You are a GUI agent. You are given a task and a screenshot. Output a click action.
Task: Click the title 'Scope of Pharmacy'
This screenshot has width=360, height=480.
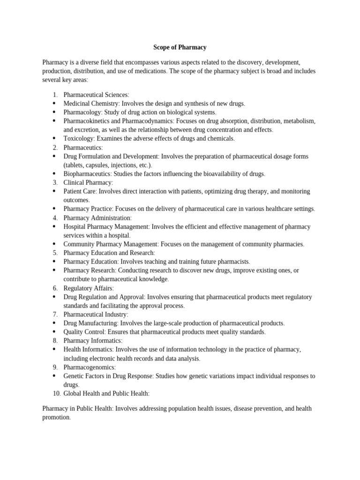tap(180, 47)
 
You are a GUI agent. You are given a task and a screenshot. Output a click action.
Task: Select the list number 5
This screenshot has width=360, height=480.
tap(55, 253)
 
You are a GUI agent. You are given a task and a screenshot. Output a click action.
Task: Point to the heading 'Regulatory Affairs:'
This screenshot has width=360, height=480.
tap(89, 288)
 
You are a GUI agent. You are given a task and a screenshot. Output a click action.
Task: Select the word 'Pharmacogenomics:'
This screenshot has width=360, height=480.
tap(90, 367)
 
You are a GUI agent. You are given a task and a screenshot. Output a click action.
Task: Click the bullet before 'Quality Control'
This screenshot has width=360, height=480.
tap(54, 332)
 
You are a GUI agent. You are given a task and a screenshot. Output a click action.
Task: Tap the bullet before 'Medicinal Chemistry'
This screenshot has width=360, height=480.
tap(54, 103)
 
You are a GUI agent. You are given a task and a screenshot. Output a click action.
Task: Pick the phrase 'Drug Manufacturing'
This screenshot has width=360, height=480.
tap(90, 323)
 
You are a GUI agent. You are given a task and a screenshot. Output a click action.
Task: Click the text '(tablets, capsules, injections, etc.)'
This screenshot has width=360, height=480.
tap(107, 165)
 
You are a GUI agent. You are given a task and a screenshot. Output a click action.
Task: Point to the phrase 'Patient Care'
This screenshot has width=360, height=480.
tap(80, 191)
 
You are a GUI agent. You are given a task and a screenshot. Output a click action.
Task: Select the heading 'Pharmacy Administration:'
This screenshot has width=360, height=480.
tap(97, 217)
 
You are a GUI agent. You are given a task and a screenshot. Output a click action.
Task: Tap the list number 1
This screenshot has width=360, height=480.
tap(55, 95)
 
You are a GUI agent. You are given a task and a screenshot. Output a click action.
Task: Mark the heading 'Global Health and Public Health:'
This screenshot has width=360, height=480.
tap(106, 393)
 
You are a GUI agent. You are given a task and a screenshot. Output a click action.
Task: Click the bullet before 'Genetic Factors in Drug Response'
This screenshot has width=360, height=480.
tap(54, 376)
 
